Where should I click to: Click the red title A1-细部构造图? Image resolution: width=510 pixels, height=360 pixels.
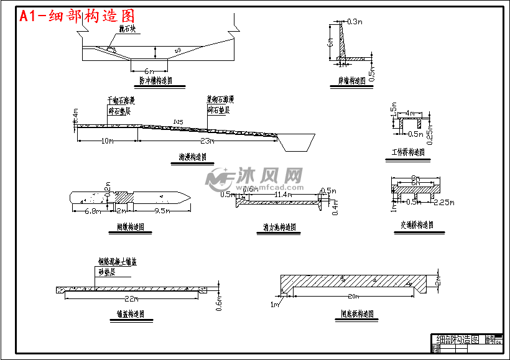click(77, 16)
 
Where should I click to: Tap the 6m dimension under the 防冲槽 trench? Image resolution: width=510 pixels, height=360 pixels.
click(149, 70)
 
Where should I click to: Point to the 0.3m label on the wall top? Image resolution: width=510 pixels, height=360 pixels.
click(355, 22)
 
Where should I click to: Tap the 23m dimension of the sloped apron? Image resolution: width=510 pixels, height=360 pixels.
click(208, 141)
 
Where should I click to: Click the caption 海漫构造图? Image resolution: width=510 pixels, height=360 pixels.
click(188, 158)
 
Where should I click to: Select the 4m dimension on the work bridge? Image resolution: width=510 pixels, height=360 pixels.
click(410, 113)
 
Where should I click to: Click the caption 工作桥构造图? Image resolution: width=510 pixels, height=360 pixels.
click(407, 152)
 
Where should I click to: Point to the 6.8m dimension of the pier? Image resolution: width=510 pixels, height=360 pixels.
click(92, 211)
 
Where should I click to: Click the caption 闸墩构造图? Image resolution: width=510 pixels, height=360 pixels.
click(131, 227)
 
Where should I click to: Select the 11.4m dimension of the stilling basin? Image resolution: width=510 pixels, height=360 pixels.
click(284, 195)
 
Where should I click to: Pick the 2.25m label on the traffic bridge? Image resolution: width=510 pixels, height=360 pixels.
click(444, 202)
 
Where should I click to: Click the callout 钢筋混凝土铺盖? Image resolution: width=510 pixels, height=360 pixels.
click(118, 262)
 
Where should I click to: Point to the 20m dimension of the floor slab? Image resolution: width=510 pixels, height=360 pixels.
click(354, 296)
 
